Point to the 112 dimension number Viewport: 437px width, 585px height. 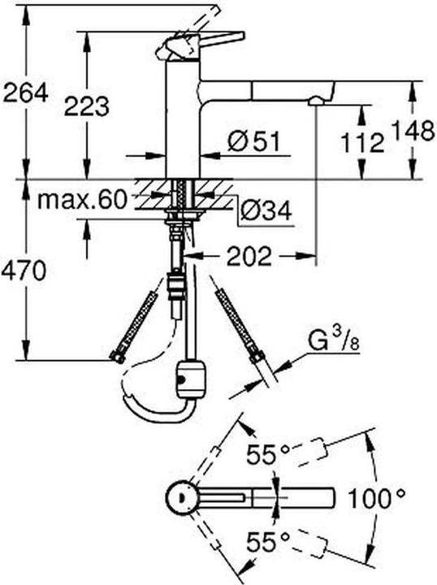(x=361, y=144)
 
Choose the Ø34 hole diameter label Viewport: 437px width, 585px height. (x=267, y=213)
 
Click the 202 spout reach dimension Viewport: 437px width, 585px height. (x=248, y=257)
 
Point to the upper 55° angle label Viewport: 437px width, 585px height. (x=265, y=453)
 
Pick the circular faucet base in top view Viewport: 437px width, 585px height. (x=180, y=496)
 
